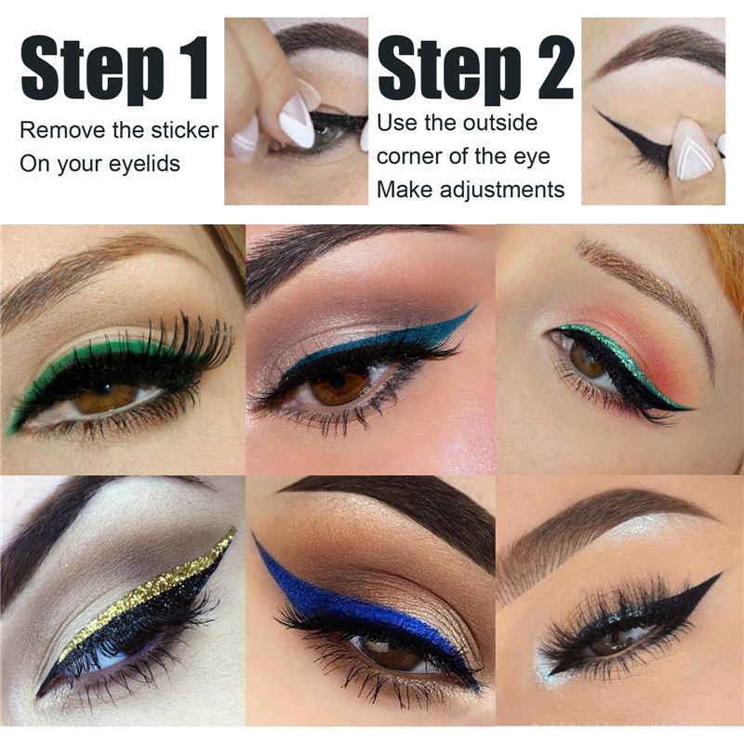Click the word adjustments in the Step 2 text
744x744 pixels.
click(502, 190)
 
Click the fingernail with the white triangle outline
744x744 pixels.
click(694, 150)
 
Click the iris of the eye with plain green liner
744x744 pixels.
click(105, 399)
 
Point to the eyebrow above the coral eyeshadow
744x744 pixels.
click(650, 289)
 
